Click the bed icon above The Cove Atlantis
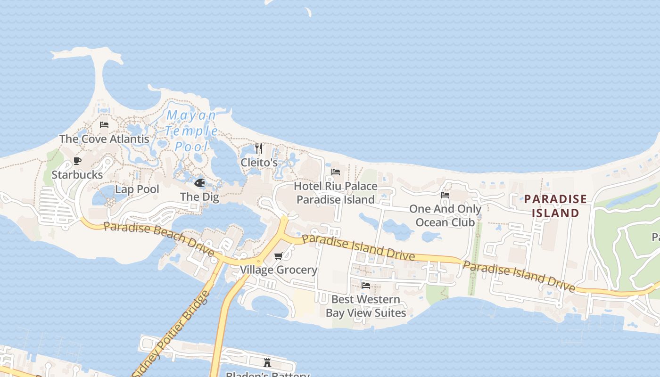pyautogui.click(x=104, y=125)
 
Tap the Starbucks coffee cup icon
pyautogui.click(x=77, y=161)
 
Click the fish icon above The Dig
pyautogui.click(x=200, y=183)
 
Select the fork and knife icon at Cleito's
pyautogui.click(x=259, y=148)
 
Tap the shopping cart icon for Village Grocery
pyautogui.click(x=279, y=256)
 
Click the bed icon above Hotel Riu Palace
pyautogui.click(x=336, y=172)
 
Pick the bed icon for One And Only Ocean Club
pyautogui.click(x=445, y=195)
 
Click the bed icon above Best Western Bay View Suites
pyautogui.click(x=365, y=286)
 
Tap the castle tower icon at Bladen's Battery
pyautogui.click(x=267, y=362)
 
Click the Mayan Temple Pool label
pyautogui.click(x=191, y=131)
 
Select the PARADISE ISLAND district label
pyautogui.click(x=555, y=206)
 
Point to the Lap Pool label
pyautogui.click(x=137, y=189)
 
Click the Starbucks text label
pyautogui.click(x=77, y=175)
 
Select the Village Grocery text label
pyautogui.click(x=279, y=270)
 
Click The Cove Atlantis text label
pyautogui.click(x=104, y=139)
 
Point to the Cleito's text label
pyautogui.click(x=259, y=163)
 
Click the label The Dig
pyautogui.click(x=199, y=197)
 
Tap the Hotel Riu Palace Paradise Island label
pyautogui.click(x=336, y=193)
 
